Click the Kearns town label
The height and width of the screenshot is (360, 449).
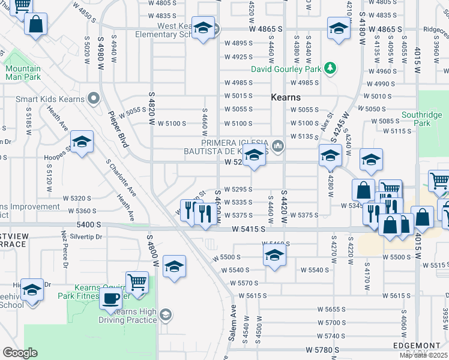click(285, 97)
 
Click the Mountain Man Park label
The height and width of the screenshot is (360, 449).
click(23, 73)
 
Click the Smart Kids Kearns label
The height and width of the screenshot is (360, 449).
click(47, 97)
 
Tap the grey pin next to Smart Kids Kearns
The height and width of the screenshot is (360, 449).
click(92, 97)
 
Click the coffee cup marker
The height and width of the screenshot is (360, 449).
click(110, 299)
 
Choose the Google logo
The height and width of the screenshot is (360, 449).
click(20, 353)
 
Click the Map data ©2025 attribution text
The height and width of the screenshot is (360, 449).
click(424, 355)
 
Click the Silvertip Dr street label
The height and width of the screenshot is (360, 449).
click(87, 236)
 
